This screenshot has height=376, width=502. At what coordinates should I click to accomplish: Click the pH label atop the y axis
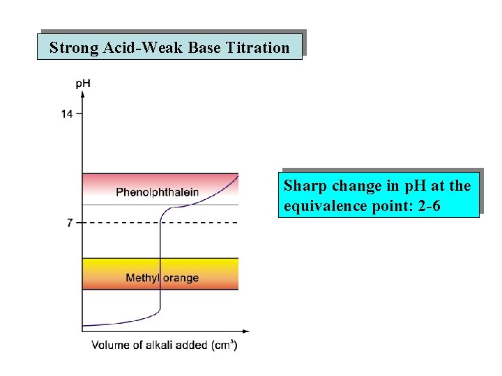(x=83, y=84)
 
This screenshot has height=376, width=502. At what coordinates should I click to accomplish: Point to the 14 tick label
(x=66, y=113)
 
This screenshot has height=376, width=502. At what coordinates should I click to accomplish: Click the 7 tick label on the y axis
(x=70, y=223)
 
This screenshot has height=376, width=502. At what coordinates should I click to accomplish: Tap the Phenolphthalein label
(x=157, y=192)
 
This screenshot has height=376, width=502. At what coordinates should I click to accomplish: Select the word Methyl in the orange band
(x=142, y=278)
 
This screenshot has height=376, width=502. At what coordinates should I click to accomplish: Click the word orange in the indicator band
(x=181, y=279)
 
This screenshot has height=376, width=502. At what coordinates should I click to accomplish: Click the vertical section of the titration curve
(x=160, y=265)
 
